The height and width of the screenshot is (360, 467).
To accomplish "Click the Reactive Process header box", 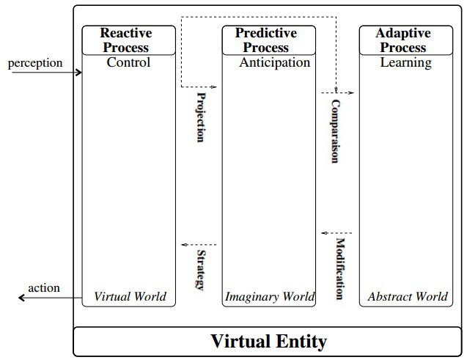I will (129, 40).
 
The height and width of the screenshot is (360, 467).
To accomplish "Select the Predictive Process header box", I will (269, 40).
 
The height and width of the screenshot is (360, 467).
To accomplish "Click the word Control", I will (128, 62).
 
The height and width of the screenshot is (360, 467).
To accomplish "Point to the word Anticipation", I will (275, 62).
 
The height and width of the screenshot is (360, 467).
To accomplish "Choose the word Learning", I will (405, 62).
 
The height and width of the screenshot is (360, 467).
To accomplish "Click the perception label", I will (35, 63).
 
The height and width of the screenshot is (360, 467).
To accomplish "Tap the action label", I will (44, 287).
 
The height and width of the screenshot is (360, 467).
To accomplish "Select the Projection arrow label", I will (200, 117).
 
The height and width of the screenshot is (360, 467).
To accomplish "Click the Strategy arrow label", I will (200, 270).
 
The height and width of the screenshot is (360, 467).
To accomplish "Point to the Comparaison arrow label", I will (335, 131).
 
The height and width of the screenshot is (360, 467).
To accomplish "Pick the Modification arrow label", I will (340, 269).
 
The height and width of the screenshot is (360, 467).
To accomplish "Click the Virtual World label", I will (130, 297).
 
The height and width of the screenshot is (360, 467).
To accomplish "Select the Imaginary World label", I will (270, 297).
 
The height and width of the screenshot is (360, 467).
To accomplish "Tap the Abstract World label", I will (407, 297).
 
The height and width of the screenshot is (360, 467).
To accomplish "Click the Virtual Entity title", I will (268, 341).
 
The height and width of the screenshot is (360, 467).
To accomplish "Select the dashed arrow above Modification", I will (337, 233).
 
